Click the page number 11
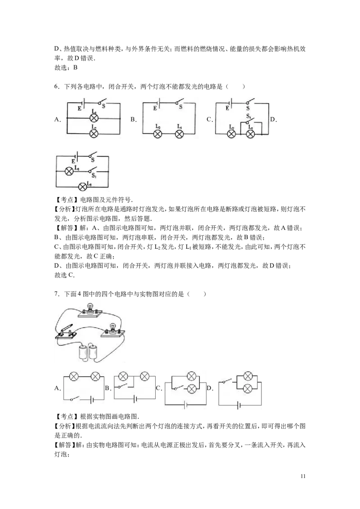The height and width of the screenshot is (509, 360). tap(303, 476)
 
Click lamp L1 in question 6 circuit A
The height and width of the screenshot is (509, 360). tap(94, 118)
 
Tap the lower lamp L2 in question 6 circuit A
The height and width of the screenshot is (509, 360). tap(94, 133)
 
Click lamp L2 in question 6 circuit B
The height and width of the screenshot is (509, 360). tap(158, 134)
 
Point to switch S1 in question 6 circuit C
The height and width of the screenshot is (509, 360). tap(250, 121)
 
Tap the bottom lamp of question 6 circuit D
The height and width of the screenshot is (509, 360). tap(83, 186)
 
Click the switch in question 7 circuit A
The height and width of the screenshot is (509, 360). tap(76, 398)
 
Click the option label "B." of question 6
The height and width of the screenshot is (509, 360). tap(134, 120)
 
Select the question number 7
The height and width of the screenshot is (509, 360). tap(57, 294)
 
